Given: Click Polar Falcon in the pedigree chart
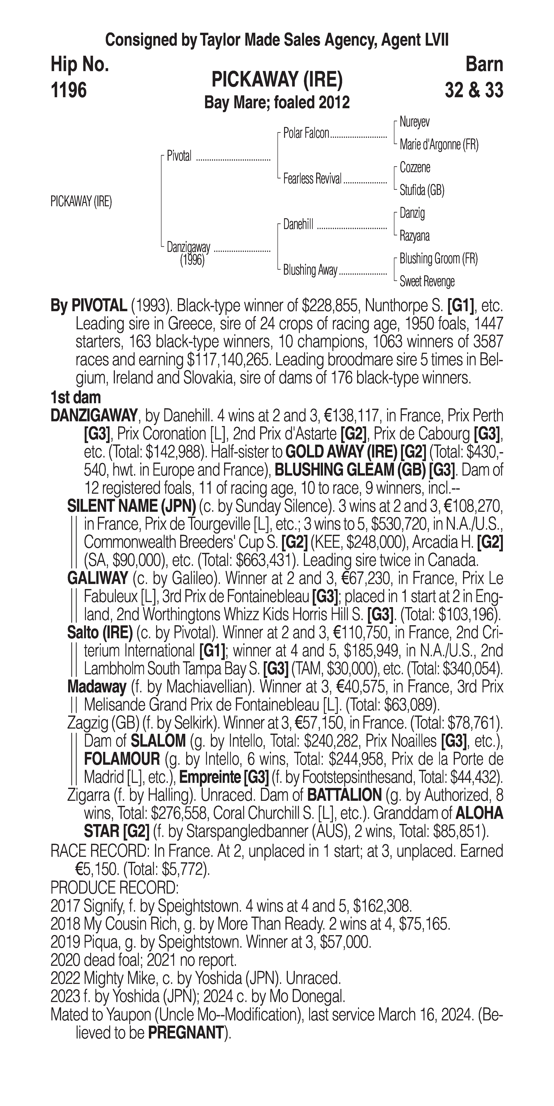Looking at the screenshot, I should [x=306, y=134].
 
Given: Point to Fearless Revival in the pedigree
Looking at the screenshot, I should [x=312, y=179].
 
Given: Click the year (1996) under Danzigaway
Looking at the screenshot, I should [x=192, y=260].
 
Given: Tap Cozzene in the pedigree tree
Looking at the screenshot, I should [x=415, y=167].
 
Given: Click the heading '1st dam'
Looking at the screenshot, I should [x=76, y=398].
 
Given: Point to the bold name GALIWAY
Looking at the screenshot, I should [x=97, y=578].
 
